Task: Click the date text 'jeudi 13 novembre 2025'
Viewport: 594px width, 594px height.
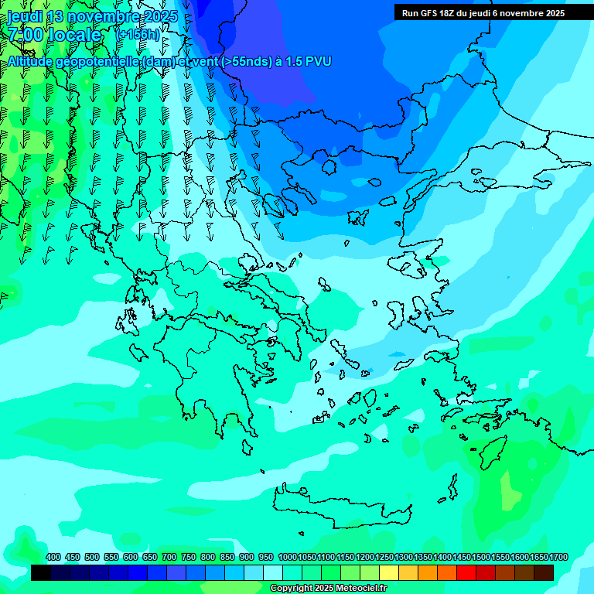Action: pos(92,17)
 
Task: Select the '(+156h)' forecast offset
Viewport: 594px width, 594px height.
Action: pos(138,35)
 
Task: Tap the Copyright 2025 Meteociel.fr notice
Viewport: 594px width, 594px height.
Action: pos(328,589)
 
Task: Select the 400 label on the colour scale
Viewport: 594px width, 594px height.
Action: pos(53,558)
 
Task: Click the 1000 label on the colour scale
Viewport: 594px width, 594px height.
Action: pos(287,558)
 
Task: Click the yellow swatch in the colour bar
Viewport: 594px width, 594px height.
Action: pos(389,573)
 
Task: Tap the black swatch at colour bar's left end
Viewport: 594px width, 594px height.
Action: pos(41,573)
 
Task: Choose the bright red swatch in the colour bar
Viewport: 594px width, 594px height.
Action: pos(466,573)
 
